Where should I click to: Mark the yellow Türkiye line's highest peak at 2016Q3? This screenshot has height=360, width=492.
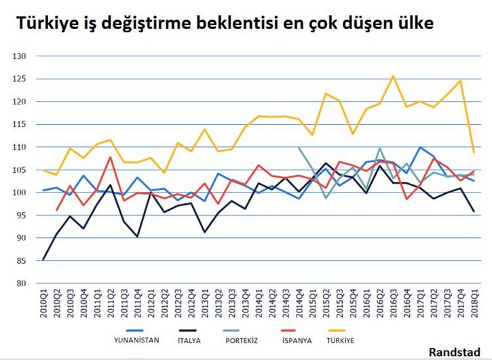click(x=393, y=76)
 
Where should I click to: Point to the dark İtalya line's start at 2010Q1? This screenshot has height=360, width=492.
click(x=43, y=259)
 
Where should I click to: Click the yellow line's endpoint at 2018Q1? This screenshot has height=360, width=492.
click(x=474, y=152)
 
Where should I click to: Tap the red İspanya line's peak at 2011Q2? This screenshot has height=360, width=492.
click(x=111, y=157)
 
